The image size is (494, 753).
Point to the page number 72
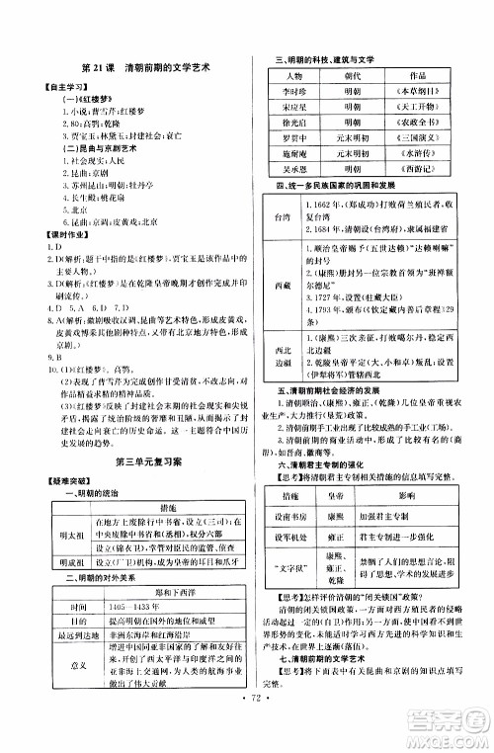tap(247, 736)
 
